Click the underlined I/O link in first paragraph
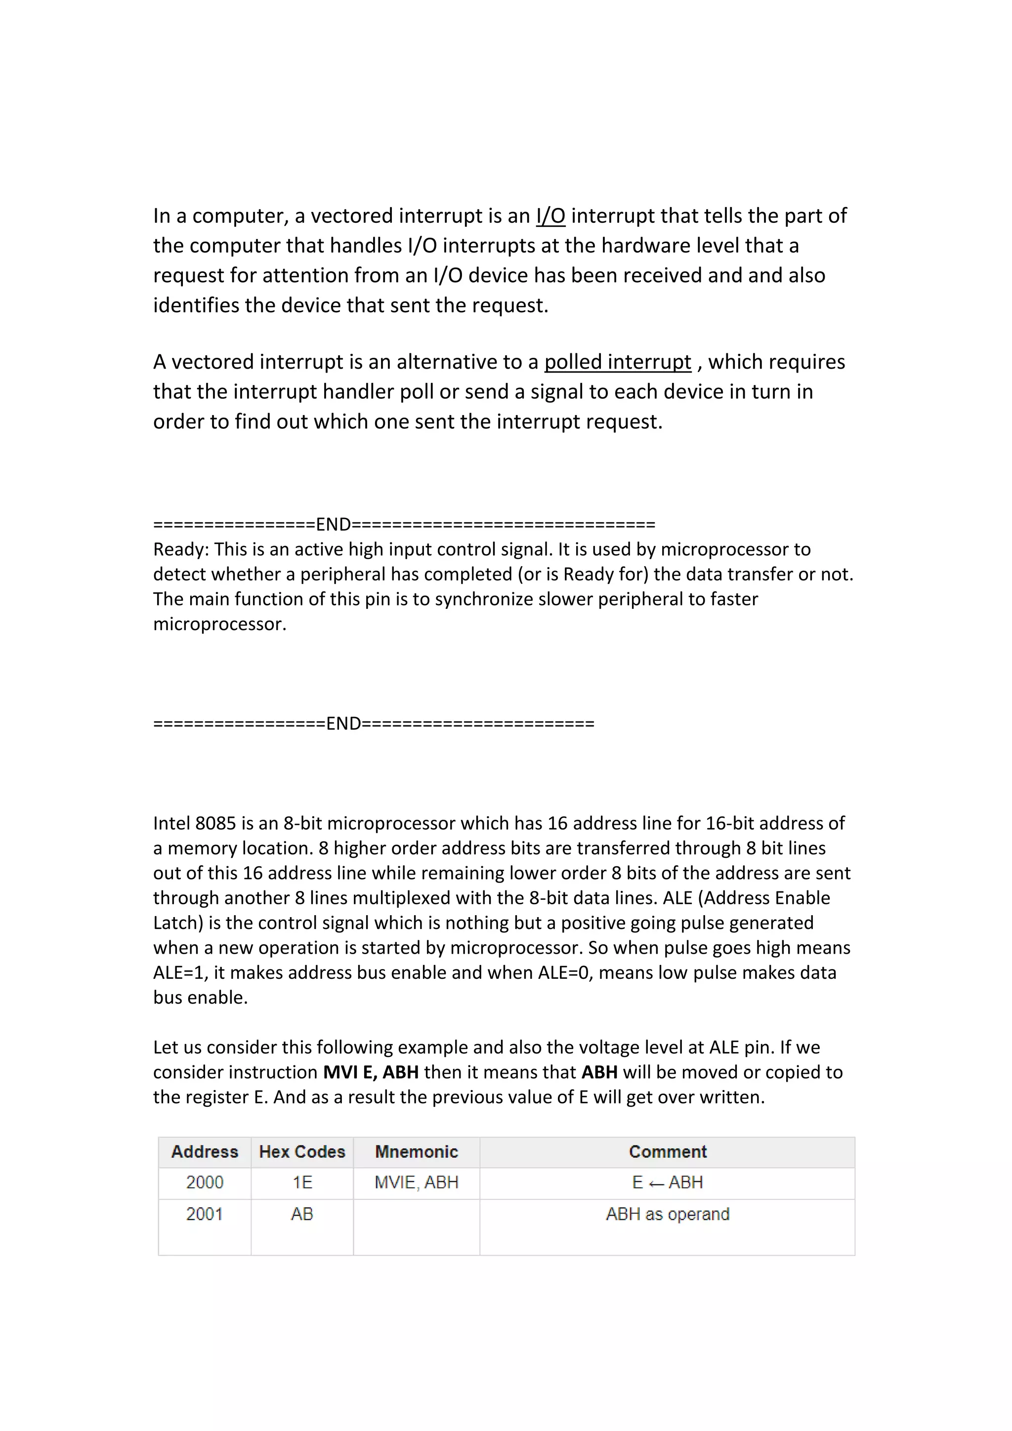[x=550, y=215]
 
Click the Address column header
[x=205, y=1152]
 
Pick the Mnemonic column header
[x=416, y=1152]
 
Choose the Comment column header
[x=668, y=1152]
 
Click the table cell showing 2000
[x=205, y=1182]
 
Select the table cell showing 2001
[x=205, y=1214]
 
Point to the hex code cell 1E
[x=302, y=1182]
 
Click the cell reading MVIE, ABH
[x=416, y=1182]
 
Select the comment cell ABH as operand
[x=668, y=1214]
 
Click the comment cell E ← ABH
[x=668, y=1182]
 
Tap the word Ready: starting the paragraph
[x=181, y=549]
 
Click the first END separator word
[x=334, y=525]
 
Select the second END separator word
[x=343, y=723]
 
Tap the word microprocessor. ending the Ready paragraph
[x=219, y=624]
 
